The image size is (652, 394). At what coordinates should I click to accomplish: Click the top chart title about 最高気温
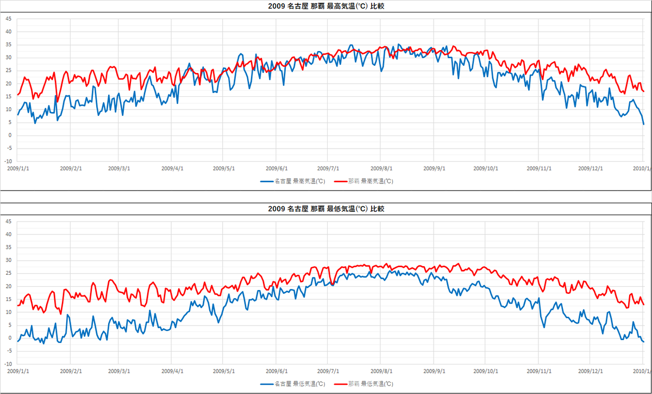(x=326, y=7)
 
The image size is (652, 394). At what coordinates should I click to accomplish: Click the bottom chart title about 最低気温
(x=326, y=209)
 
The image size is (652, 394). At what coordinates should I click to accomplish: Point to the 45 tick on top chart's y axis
(x=8, y=19)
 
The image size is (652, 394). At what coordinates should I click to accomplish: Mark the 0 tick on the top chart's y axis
(x=9, y=136)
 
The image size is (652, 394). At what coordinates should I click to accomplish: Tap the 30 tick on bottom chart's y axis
(x=8, y=260)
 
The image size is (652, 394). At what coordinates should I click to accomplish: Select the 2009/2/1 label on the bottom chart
(x=71, y=371)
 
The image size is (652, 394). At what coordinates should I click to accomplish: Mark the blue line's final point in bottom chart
(x=644, y=342)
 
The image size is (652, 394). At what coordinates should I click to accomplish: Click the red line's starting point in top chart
(x=18, y=95)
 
